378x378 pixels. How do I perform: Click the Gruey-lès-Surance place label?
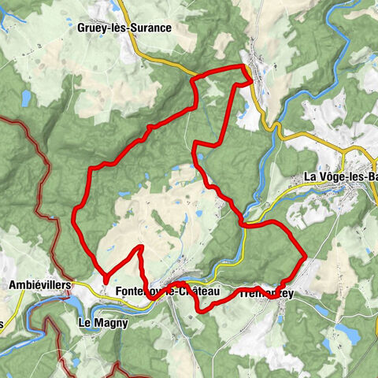point(124,27)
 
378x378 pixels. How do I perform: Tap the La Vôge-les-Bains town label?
point(340,177)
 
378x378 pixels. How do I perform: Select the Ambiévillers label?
point(39,283)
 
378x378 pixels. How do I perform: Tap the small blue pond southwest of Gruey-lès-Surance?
point(27,98)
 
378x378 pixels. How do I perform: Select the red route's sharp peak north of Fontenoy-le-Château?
point(141,247)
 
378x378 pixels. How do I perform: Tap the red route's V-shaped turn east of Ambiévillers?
point(106,278)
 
